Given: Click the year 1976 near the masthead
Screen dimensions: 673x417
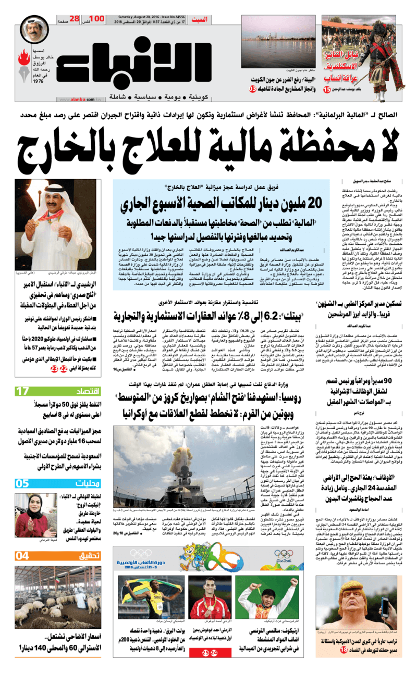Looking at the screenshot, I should pos(38,81).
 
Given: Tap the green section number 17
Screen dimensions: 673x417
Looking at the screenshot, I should pos(22,390).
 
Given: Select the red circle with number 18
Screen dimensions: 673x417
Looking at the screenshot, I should pos(344,650).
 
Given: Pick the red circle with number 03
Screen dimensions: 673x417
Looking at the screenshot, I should pos(252,89).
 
